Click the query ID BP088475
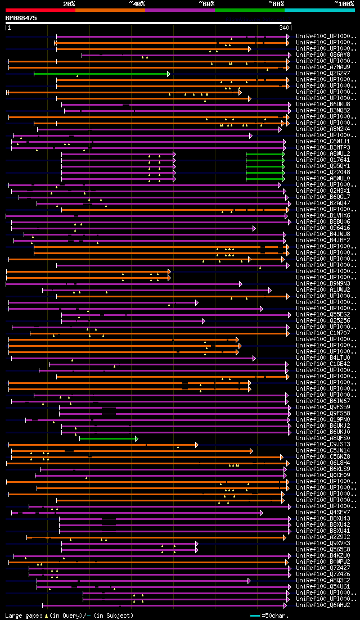click(21, 18)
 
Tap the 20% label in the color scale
click(69, 3)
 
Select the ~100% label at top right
click(344, 3)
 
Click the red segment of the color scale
click(40, 10)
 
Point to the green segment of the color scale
click(249, 10)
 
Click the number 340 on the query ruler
click(284, 27)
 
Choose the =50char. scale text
click(274, 616)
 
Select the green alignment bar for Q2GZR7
click(101, 74)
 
